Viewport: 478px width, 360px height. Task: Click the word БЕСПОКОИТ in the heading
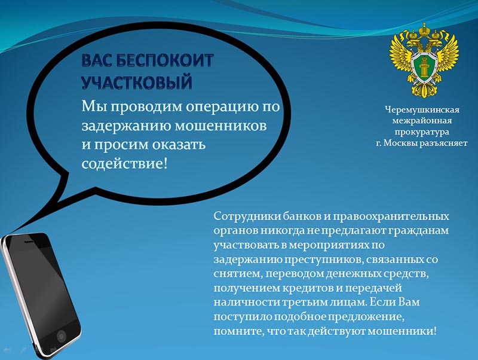click(x=165, y=60)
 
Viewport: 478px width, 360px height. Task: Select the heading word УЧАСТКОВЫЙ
click(x=137, y=82)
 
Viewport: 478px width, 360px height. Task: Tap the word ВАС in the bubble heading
click(x=97, y=60)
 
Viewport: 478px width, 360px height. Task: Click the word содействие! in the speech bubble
click(x=125, y=163)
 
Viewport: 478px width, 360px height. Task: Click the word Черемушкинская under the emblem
click(x=422, y=110)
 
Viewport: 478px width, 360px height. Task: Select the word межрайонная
click(x=422, y=121)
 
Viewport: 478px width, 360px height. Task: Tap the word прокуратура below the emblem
click(x=422, y=132)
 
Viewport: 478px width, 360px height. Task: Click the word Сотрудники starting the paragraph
click(x=247, y=216)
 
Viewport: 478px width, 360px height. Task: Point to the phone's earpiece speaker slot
click(x=29, y=241)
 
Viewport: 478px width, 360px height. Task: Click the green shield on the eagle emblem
click(x=424, y=66)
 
